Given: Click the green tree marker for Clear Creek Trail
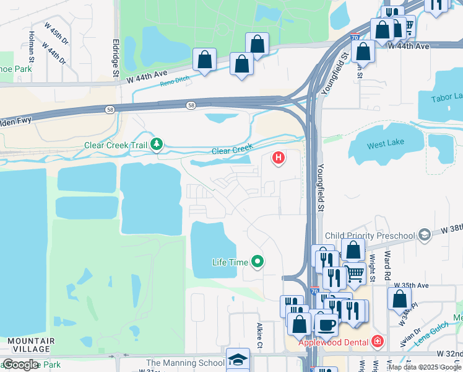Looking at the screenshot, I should pos(157,145).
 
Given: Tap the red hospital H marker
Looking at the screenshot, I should pos(279,159).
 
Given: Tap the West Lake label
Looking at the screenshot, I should pos(386,143).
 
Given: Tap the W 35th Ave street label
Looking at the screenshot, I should pos(414,286).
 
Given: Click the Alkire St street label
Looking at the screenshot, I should pos(261,335).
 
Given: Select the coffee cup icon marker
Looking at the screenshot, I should pos(326,324).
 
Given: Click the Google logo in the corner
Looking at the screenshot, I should pos(20,365).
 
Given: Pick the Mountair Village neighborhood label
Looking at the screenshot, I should pos(31,345).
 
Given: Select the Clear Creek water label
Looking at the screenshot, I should pos(232,150).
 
